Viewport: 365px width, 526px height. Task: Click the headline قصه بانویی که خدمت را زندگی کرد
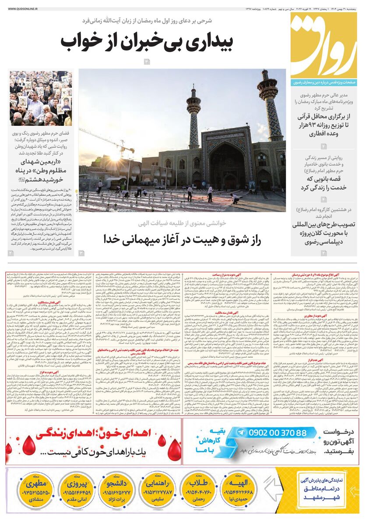pyautogui.click(x=323, y=183)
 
